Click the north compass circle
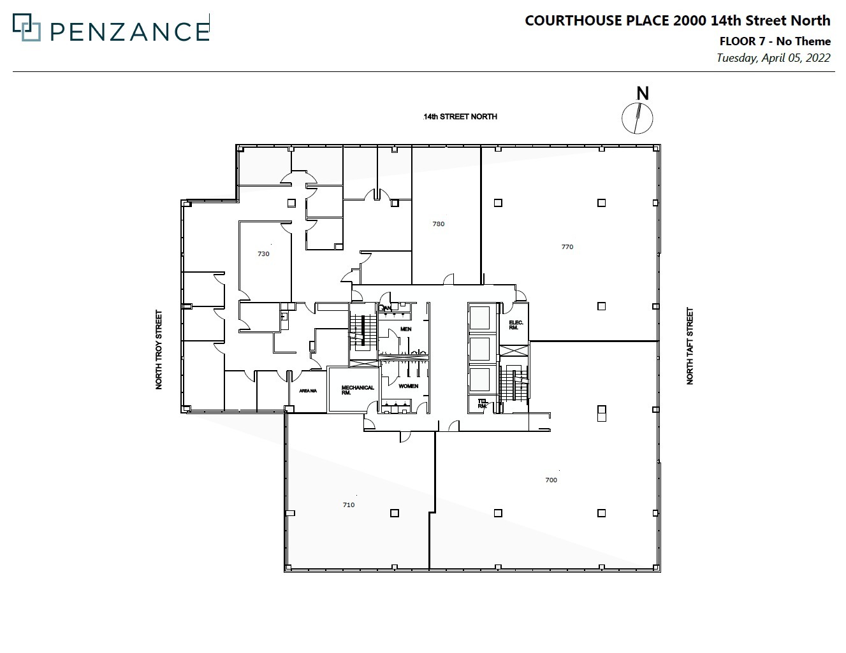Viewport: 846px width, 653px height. (x=638, y=118)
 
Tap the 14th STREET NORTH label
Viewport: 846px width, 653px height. (x=460, y=117)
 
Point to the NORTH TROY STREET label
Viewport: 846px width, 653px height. (x=159, y=350)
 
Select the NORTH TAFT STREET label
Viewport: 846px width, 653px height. (x=689, y=346)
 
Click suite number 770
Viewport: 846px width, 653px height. (x=567, y=247)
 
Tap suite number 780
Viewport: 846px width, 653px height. (x=438, y=224)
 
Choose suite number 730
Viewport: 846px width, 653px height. (x=263, y=254)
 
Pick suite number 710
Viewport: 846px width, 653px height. (x=348, y=505)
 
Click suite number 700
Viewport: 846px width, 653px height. (x=551, y=480)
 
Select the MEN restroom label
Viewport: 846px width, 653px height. (x=405, y=329)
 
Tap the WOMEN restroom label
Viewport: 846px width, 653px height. (x=409, y=386)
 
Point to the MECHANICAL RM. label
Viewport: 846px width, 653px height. (x=358, y=390)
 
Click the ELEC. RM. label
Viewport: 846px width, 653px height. (x=516, y=325)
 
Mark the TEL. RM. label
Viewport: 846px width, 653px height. (x=483, y=403)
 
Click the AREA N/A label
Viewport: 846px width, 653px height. (x=308, y=391)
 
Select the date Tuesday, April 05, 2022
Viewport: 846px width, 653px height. (x=773, y=58)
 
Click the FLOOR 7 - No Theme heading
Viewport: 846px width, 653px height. (x=775, y=41)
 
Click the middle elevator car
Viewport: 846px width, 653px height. (x=479, y=348)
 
